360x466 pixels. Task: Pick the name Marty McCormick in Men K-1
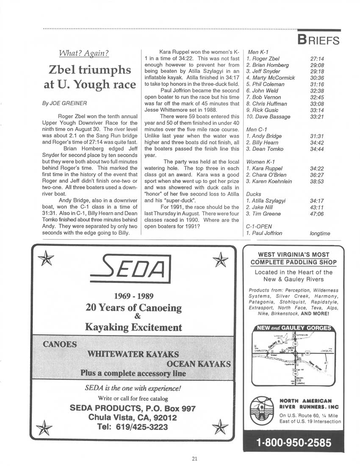[270, 78]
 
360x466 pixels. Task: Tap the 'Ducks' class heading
[254, 194]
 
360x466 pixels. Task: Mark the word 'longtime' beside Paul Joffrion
[320, 233]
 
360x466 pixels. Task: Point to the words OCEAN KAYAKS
[199, 363]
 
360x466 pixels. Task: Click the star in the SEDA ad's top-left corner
[43, 259]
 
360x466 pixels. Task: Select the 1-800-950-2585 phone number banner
[294, 443]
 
